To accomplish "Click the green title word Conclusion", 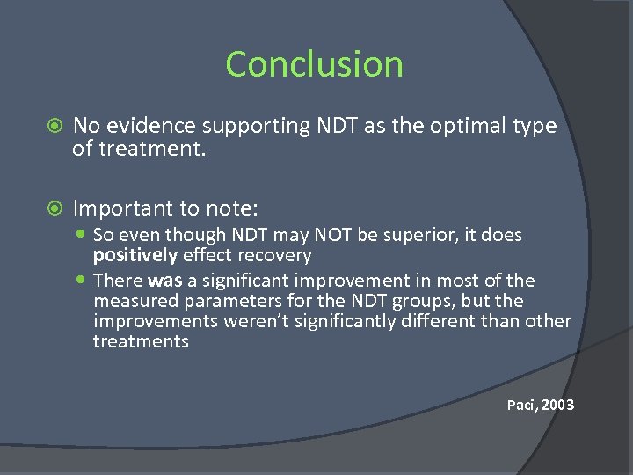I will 314,64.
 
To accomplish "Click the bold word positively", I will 135,256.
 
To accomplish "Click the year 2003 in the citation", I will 558,406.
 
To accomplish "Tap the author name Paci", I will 521,406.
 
